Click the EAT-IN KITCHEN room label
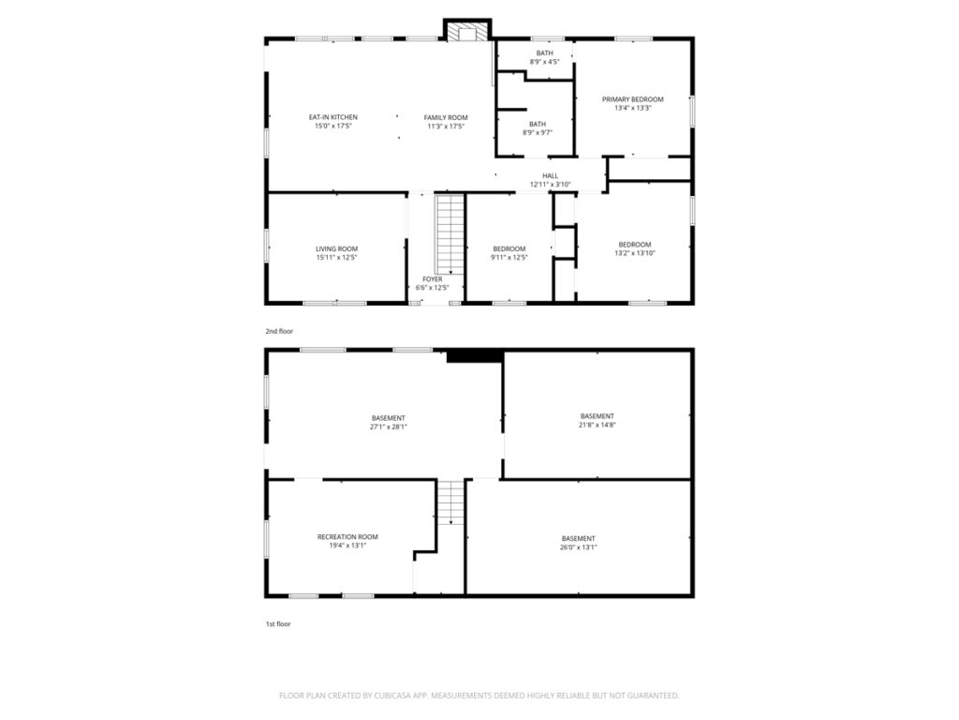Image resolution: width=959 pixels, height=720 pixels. click(333, 117)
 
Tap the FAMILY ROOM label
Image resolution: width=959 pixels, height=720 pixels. click(446, 117)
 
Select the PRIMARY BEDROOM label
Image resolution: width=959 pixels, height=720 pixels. click(632, 99)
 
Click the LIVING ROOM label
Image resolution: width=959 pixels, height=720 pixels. click(336, 248)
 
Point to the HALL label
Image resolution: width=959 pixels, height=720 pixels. click(550, 175)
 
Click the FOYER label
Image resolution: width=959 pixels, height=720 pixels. click(433, 279)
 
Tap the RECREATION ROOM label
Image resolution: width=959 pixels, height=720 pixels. click(347, 537)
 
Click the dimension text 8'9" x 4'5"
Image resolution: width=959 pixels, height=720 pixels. click(544, 62)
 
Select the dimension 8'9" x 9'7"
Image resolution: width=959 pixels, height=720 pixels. click(538, 133)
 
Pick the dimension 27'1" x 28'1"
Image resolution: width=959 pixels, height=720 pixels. click(389, 427)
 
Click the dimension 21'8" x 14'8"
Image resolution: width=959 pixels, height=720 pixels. click(597, 425)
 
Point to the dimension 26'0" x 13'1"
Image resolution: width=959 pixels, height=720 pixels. click(578, 547)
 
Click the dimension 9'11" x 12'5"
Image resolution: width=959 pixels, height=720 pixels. click(509, 258)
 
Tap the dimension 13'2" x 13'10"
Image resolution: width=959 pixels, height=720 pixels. click(634, 253)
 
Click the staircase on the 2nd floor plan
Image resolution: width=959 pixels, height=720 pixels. click(450, 234)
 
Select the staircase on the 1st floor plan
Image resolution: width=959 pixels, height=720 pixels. click(451, 502)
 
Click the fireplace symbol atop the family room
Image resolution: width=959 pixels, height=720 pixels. click(467, 32)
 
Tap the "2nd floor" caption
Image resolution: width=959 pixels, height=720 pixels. click(279, 331)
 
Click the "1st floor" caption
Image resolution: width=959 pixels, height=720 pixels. click(277, 623)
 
